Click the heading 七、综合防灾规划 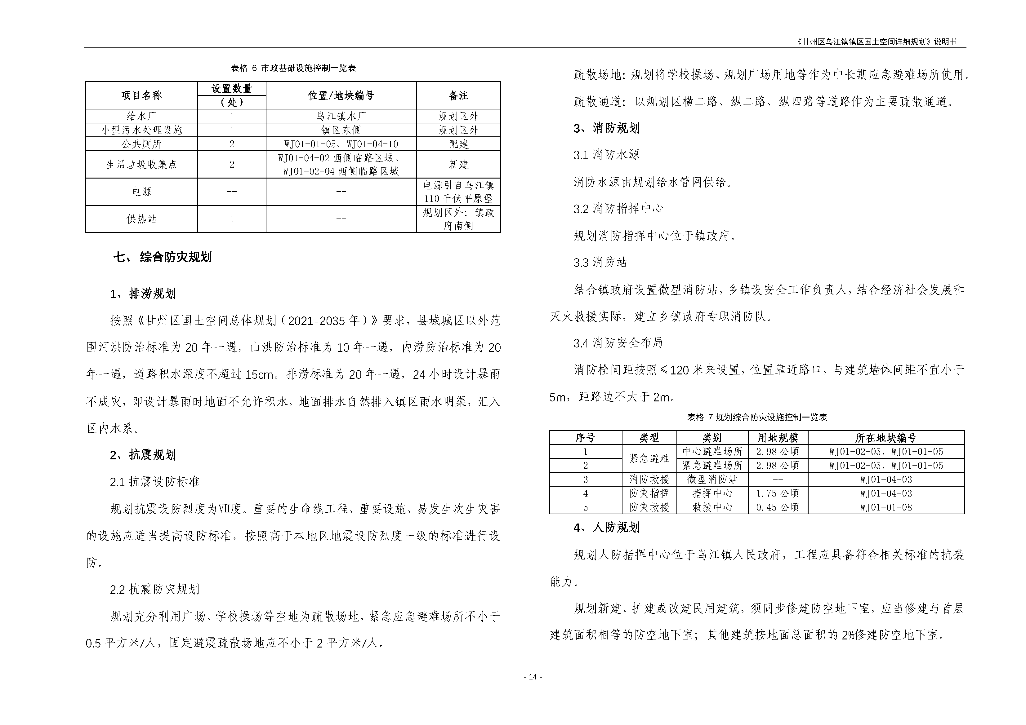[163, 257]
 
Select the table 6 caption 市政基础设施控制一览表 [293, 68]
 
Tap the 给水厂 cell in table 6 [142, 116]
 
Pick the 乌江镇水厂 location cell [341, 116]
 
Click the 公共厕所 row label [142, 144]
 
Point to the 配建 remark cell [458, 144]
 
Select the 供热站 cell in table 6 [142, 219]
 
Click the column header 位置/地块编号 [341, 95]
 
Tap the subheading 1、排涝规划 [143, 294]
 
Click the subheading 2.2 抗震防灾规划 [155, 589]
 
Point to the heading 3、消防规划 [606, 128]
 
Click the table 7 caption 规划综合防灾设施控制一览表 [757, 417]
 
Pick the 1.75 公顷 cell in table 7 [778, 493]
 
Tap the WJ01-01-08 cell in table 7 [886, 507]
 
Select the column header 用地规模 [778, 438]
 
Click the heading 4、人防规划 [606, 528]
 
